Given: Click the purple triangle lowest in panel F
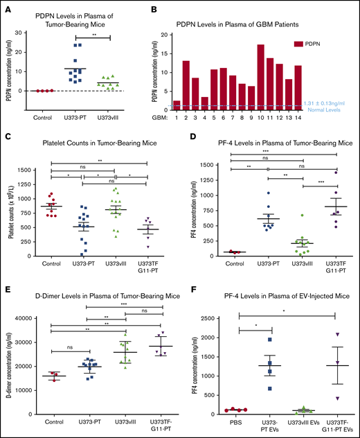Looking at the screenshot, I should point(334,398).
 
